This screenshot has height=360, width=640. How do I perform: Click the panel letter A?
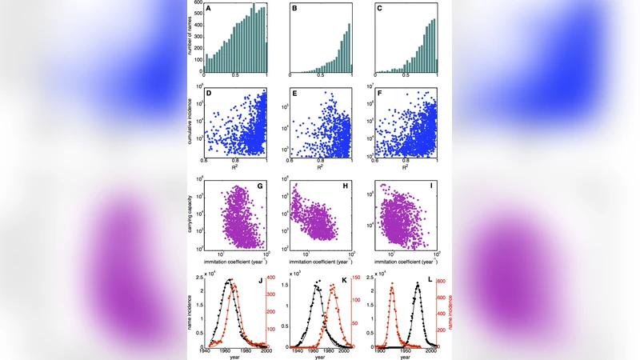pyautogui.click(x=210, y=10)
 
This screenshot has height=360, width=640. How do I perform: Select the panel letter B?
pyautogui.click(x=294, y=10)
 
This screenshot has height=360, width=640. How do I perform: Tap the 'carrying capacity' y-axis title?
pyautogui.click(x=190, y=218)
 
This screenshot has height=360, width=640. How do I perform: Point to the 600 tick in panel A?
pyautogui.click(x=198, y=3)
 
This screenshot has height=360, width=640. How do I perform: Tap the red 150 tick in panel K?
pyautogui.click(x=358, y=278)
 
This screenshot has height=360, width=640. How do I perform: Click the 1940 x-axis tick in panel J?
pyautogui.click(x=206, y=350)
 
